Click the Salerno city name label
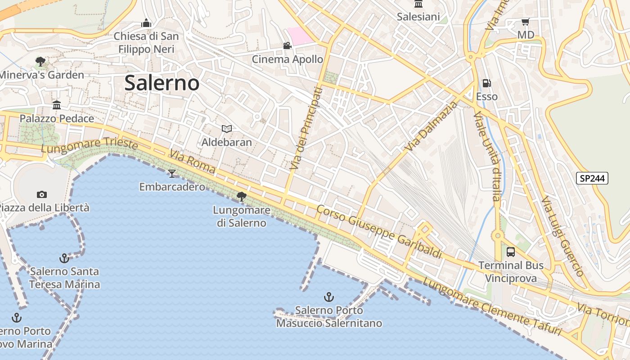(162, 83)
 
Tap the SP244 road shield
(592, 178)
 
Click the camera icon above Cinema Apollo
(287, 45)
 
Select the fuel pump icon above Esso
(486, 83)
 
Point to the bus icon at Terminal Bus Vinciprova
(511, 252)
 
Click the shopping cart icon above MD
(525, 22)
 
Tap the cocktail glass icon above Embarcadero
(171, 173)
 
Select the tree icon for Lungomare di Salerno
(242, 196)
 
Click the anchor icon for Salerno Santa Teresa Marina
(64, 258)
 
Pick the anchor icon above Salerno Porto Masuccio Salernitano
(329, 297)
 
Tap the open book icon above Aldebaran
(227, 129)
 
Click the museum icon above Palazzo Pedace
(57, 105)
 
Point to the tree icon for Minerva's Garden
(40, 61)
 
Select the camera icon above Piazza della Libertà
(42, 194)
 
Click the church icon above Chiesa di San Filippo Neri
(146, 23)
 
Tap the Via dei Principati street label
(306, 129)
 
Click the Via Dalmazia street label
(431, 126)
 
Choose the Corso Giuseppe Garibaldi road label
(379, 231)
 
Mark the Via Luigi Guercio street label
(562, 236)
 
